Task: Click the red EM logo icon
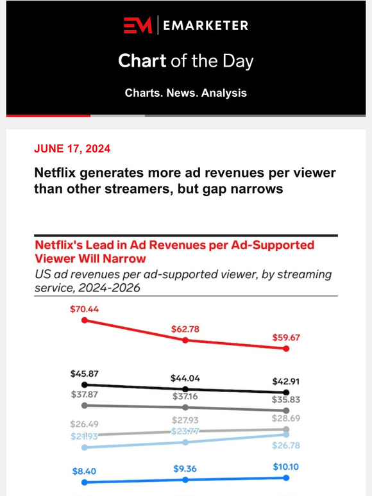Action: pyautogui.click(x=139, y=25)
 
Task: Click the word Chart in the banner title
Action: pyautogui.click(x=140, y=62)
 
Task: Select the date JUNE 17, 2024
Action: pyautogui.click(x=72, y=149)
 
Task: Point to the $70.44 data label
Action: pyautogui.click(x=84, y=309)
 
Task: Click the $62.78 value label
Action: pyautogui.click(x=186, y=329)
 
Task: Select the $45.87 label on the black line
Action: pyautogui.click(x=85, y=374)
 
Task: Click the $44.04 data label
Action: pyautogui.click(x=186, y=378)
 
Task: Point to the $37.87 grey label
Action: pyautogui.click(x=85, y=394)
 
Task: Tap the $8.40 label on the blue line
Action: pyautogui.click(x=85, y=470)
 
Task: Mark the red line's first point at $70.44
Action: pyautogui.click(x=84, y=320)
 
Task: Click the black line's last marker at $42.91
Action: pyautogui.click(x=287, y=392)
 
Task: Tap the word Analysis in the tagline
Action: pyautogui.click(x=224, y=93)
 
